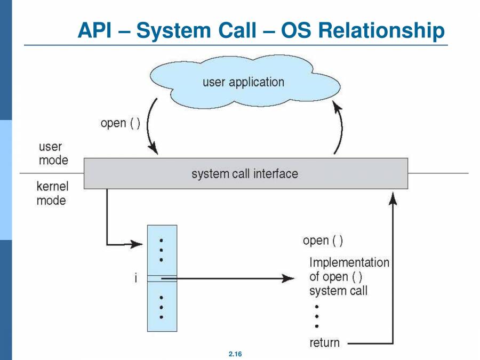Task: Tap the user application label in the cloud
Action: click(243, 82)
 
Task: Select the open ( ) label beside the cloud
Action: click(120, 123)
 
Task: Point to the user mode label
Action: click(53, 153)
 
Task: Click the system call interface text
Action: click(245, 174)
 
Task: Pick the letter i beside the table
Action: click(136, 278)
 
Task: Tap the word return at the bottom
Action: click(324, 342)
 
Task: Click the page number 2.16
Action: click(235, 354)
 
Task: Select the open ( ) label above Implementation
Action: click(323, 241)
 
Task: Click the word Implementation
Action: click(349, 262)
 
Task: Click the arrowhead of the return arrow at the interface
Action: click(393, 198)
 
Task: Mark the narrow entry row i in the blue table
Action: click(162, 278)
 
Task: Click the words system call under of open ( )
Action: click(338, 291)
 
